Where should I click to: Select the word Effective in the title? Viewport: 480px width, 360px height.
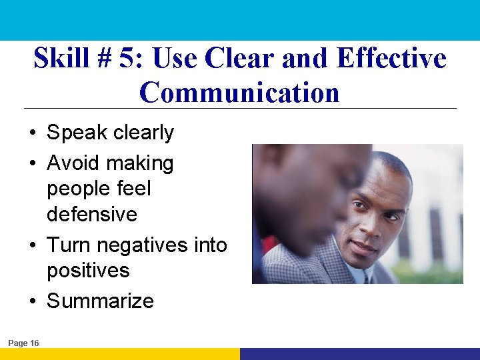click(391, 58)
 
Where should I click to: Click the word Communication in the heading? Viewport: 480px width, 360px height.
click(239, 92)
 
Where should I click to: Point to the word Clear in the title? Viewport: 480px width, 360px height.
click(241, 58)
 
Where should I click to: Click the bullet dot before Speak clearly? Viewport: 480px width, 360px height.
click(33, 133)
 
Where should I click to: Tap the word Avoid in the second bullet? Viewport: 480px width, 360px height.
click(73, 163)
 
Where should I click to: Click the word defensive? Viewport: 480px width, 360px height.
click(91, 214)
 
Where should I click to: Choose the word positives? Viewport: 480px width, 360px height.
click(88, 271)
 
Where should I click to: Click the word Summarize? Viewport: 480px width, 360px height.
click(100, 301)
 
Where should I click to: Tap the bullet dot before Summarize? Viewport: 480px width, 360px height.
click(33, 301)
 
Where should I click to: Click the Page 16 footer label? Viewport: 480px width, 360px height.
click(23, 343)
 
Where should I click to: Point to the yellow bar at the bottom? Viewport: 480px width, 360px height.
click(120, 354)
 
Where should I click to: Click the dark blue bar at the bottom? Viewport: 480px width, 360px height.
click(360, 354)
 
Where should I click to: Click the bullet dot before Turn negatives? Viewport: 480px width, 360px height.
click(33, 246)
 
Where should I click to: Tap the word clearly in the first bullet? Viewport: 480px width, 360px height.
click(143, 133)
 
